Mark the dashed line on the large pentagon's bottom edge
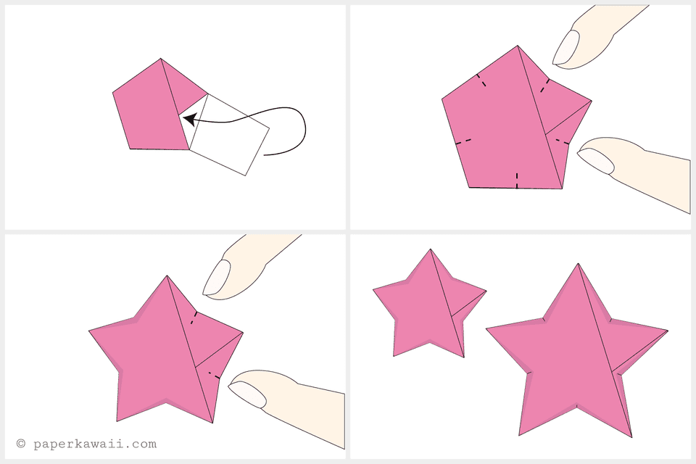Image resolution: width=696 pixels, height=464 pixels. point(517,181)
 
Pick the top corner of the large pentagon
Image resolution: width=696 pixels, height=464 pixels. point(518,47)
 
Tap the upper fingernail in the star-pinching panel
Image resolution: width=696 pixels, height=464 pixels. point(216,277)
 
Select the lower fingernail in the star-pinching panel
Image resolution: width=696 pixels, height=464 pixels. point(246,392)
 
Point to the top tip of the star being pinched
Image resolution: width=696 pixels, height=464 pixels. point(167,277)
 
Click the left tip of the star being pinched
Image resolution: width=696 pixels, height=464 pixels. point(91,331)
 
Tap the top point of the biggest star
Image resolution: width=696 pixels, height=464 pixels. point(579,265)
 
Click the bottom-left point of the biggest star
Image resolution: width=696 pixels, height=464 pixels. point(520,434)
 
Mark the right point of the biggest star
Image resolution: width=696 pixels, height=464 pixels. point(666,331)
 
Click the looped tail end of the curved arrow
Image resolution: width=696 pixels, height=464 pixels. point(265,154)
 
